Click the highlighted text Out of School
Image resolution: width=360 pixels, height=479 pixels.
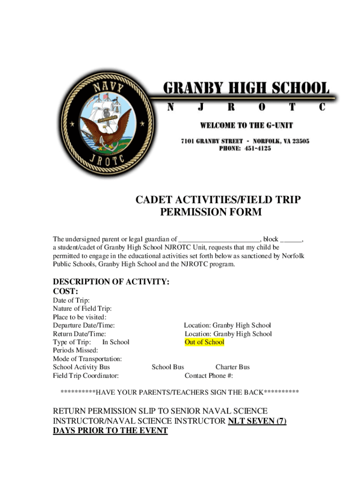(x=204, y=342)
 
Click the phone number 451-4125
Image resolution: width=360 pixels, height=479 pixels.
(x=255, y=149)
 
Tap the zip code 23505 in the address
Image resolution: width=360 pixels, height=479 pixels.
(x=298, y=141)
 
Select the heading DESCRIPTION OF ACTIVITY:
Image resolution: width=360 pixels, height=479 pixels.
(x=111, y=282)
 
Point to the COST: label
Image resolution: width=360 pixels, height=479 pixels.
(x=65, y=291)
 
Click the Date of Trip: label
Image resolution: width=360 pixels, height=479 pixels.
(x=71, y=300)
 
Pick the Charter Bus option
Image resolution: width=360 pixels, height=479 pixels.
(x=232, y=367)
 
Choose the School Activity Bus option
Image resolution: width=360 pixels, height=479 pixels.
(x=81, y=367)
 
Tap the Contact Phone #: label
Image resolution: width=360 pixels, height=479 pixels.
(x=209, y=375)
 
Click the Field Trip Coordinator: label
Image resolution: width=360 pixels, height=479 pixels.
(x=86, y=375)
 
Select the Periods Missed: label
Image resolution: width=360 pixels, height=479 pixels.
(x=75, y=350)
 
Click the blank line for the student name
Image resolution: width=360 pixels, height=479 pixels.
(x=219, y=239)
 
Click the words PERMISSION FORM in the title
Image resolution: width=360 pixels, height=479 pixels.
(x=211, y=212)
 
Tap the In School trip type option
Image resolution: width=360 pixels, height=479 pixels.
(x=115, y=342)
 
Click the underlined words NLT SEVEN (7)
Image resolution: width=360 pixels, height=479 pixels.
(x=257, y=421)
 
